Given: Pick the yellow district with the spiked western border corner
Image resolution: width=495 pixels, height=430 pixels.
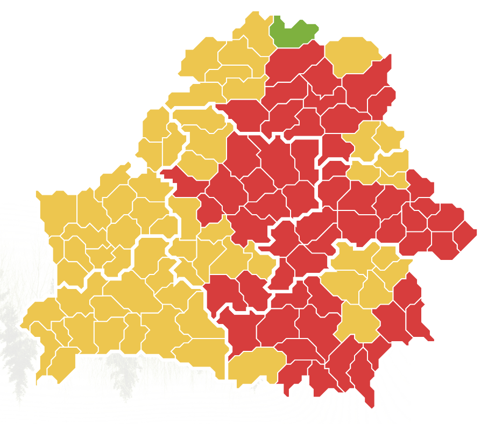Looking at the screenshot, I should tap(56, 207).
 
